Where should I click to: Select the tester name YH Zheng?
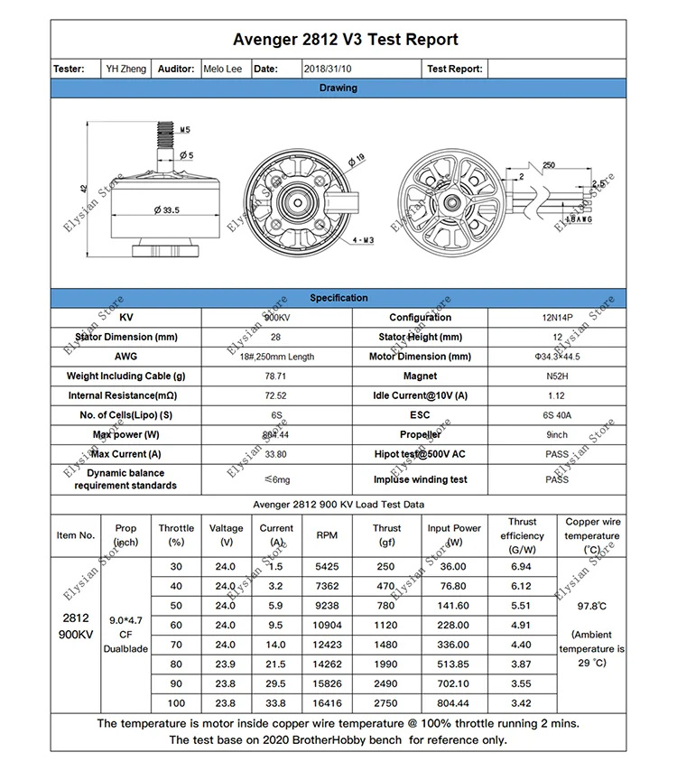[125, 69]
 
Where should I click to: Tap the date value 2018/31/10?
[328, 69]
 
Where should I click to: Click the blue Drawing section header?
[338, 88]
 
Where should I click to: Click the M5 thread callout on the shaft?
[184, 130]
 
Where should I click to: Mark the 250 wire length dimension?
[549, 166]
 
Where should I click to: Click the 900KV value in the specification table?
[275, 318]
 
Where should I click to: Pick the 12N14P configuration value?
[557, 318]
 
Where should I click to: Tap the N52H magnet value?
[557, 376]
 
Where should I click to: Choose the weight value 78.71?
[275, 376]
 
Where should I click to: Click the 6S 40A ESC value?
[557, 415]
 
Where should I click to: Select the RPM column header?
[328, 535]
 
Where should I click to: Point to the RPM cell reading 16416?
[328, 702]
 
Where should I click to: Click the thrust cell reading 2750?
[386, 702]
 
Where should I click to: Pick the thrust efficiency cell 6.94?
[522, 567]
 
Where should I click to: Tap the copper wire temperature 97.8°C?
[591, 607]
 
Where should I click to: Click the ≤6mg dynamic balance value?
[275, 479]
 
